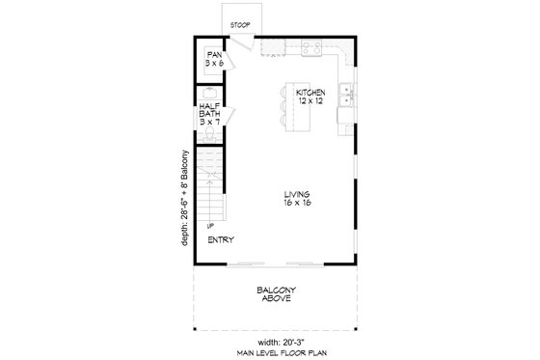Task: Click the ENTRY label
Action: pos(221,240)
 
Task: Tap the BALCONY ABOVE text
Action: pos(275,294)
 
